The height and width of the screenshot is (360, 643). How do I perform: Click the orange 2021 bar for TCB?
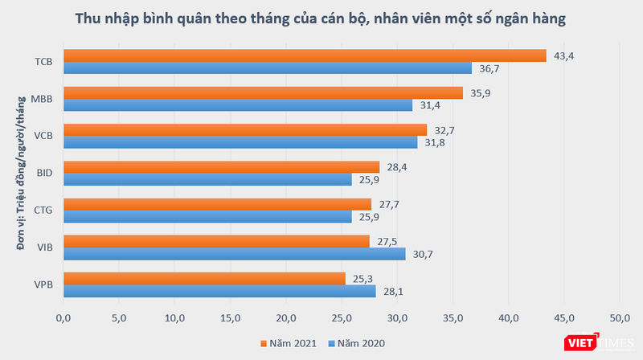[305, 55]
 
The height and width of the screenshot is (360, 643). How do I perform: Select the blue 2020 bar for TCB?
[268, 68]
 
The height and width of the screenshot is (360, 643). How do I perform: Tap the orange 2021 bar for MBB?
[263, 92]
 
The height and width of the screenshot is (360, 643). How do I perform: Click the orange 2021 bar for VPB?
[204, 278]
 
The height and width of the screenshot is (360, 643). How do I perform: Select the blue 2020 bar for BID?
[207, 179]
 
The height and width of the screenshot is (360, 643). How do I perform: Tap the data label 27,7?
[388, 204]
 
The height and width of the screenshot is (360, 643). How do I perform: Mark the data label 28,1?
[392, 291]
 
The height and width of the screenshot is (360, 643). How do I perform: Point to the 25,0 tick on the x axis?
[342, 317]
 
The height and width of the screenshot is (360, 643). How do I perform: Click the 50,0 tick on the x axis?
[620, 317]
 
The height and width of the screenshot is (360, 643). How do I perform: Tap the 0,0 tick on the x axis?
[63, 317]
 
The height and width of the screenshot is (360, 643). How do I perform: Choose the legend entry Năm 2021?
[289, 345]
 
